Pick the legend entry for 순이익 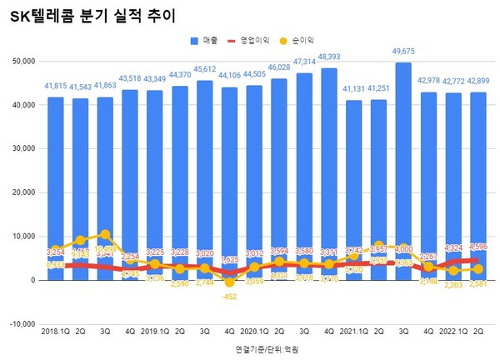point(302,39)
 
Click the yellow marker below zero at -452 point(229,282)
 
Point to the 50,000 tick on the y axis point(21,62)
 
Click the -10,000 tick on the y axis point(21,324)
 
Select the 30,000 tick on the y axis point(21,149)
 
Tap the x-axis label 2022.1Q point(451,331)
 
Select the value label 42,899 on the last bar point(477,82)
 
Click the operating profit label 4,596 point(477,247)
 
